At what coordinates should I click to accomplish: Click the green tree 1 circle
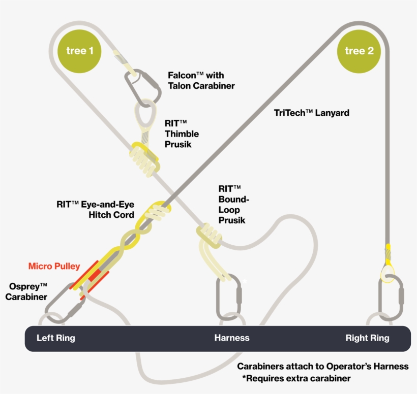pos(80,51)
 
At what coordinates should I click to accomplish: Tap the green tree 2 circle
pos(359,51)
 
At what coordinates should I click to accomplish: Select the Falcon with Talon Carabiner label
pos(201,80)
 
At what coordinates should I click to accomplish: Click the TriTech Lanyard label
pos(311,113)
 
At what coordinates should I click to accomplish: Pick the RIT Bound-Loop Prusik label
pos(232,204)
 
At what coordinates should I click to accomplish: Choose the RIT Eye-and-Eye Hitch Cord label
pos(95,210)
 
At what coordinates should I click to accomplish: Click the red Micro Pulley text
pos(54,266)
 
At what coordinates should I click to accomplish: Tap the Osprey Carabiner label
pos(26,291)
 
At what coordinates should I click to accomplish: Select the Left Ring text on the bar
pos(56,338)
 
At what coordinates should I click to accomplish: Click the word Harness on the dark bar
pos(232,338)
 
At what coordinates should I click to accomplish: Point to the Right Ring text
pos(367,338)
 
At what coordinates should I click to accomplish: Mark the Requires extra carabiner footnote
pos(296,379)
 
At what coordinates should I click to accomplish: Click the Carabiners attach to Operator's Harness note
pos(322,367)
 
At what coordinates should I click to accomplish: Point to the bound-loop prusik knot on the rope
pos(208,235)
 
